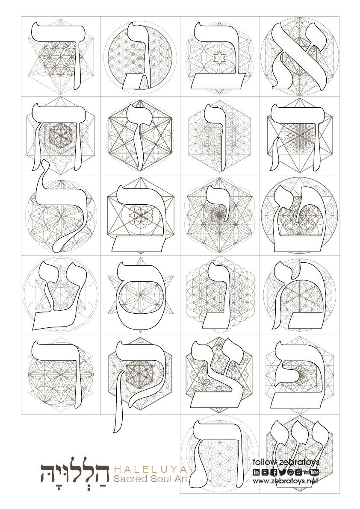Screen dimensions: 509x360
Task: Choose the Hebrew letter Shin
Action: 299,453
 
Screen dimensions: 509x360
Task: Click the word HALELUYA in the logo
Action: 150,469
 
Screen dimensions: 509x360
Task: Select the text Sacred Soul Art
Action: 150,479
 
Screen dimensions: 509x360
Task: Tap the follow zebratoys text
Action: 286,462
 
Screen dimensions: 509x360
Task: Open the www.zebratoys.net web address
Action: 286,481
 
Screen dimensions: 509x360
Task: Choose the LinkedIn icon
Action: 256,472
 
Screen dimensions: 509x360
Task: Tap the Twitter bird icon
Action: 282,472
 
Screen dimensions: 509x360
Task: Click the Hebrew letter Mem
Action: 299,299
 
